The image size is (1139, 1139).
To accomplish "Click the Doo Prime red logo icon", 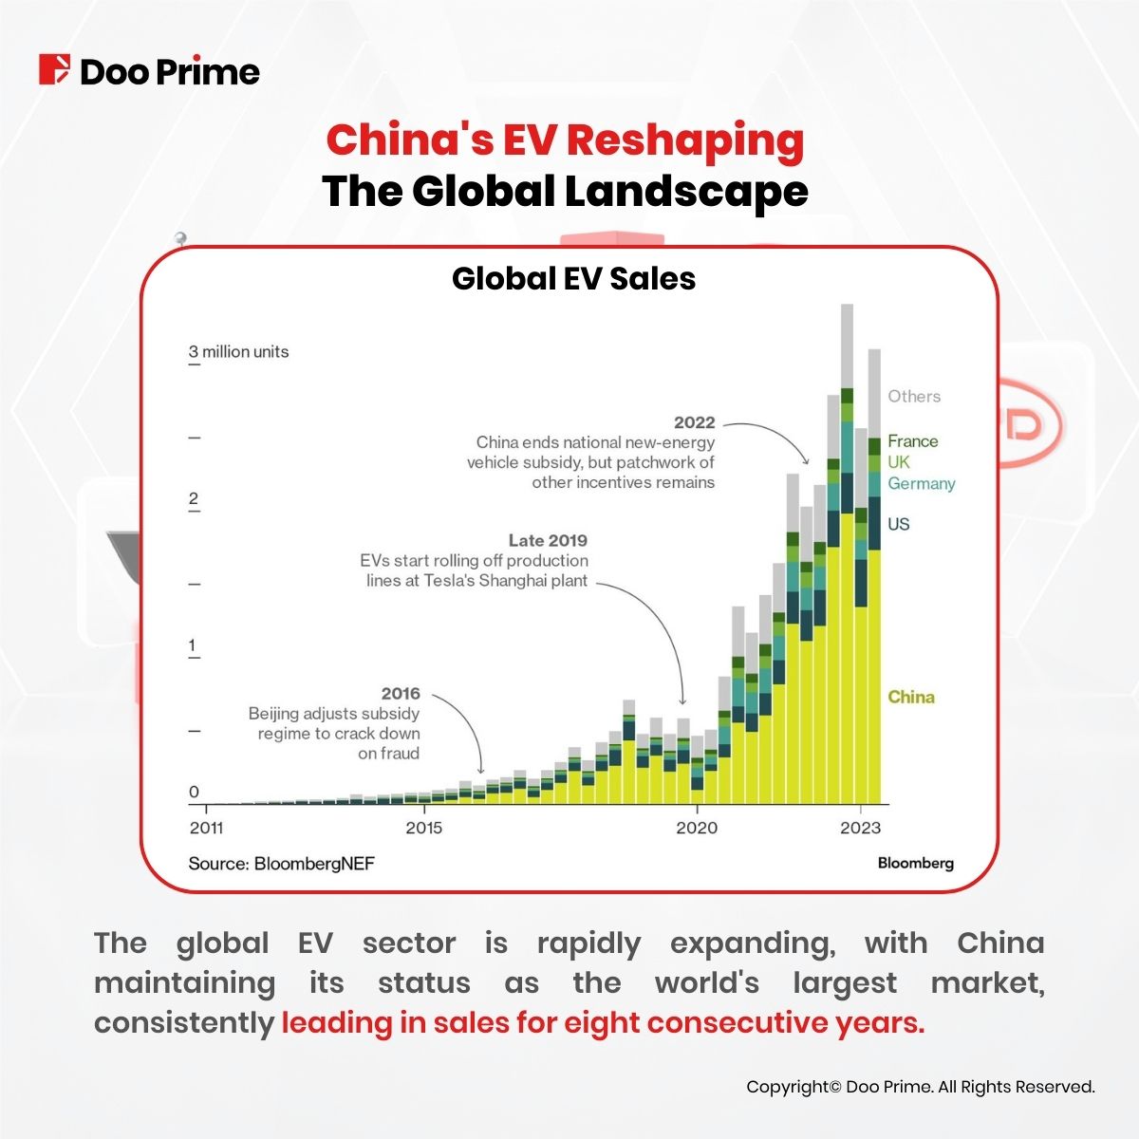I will [54, 70].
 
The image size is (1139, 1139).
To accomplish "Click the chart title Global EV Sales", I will [573, 278].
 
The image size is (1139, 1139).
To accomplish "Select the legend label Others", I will [914, 397].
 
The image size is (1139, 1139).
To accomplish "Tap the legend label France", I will [912, 441].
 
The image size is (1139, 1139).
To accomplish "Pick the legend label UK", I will [898, 462].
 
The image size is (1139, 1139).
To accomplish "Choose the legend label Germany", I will [921, 483].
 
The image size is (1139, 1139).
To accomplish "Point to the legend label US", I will [898, 524].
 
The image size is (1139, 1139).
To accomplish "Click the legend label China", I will [910, 697].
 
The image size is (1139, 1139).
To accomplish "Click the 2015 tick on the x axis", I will [423, 827].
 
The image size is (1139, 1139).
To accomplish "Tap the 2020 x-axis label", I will [697, 827].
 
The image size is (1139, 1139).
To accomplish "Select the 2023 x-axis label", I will [860, 827].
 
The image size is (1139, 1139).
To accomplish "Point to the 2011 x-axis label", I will [206, 827].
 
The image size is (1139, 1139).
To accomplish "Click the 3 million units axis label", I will [238, 351].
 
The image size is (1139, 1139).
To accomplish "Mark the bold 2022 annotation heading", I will [694, 422].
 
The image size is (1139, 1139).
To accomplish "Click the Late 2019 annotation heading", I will [548, 540].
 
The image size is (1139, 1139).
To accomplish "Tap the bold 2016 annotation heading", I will [400, 694].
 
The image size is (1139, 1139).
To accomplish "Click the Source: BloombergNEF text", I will [281, 863].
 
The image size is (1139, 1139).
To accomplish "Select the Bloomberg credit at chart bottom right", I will [915, 863].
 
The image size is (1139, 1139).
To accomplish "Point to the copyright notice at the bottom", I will [920, 1087].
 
